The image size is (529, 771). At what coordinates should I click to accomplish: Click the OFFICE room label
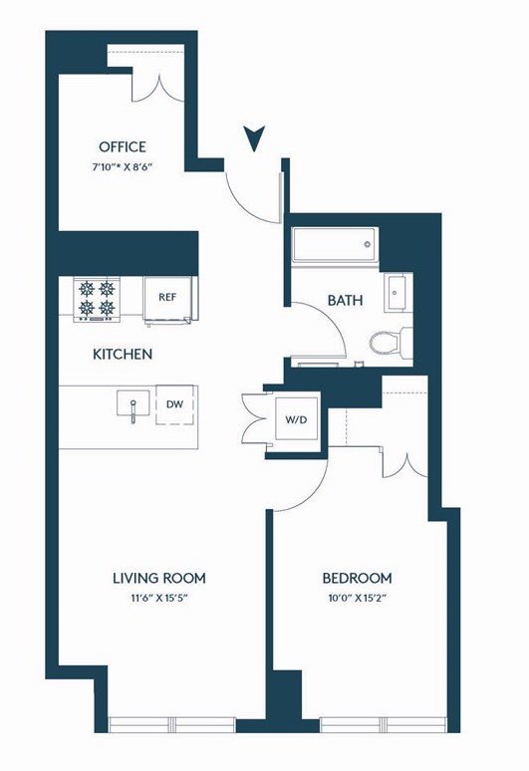pyautogui.click(x=123, y=147)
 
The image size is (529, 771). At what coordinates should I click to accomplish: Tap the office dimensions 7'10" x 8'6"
pyautogui.click(x=122, y=166)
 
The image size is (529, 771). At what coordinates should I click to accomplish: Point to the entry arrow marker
pyautogui.click(x=255, y=138)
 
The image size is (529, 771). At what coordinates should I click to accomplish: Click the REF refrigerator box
pyautogui.click(x=167, y=300)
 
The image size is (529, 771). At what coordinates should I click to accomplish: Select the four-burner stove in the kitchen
pyautogui.click(x=97, y=300)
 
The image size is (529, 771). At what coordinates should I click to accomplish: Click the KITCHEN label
pyautogui.click(x=123, y=354)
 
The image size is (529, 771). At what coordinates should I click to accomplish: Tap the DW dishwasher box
pyautogui.click(x=175, y=404)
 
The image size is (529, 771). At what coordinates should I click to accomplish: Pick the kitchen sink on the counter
pyautogui.click(x=133, y=404)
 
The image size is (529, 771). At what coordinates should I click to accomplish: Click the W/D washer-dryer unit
pyautogui.click(x=296, y=419)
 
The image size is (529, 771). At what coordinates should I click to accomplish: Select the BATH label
pyautogui.click(x=345, y=300)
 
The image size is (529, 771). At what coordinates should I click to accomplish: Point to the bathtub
pyautogui.click(x=335, y=244)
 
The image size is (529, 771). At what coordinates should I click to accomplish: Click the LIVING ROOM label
pyautogui.click(x=159, y=578)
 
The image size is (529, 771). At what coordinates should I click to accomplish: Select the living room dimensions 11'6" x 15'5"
pyautogui.click(x=159, y=599)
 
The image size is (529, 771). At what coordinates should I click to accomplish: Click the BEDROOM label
pyautogui.click(x=357, y=578)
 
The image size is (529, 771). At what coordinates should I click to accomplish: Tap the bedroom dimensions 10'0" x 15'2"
pyautogui.click(x=357, y=599)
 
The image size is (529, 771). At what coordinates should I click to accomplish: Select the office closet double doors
pyautogui.click(x=158, y=90)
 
